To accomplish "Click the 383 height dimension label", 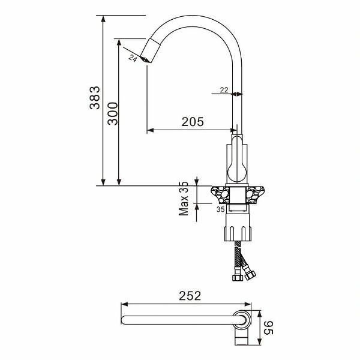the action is (95, 98).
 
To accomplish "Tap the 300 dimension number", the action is (113, 113).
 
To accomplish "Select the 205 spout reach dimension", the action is (193, 122).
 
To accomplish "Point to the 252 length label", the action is (190, 296).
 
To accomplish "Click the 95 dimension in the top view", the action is (268, 328).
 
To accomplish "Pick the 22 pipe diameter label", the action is (224, 90).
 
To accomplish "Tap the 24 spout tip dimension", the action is (133, 58).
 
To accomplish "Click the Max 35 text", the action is (184, 199).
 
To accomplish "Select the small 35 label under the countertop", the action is (220, 209).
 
